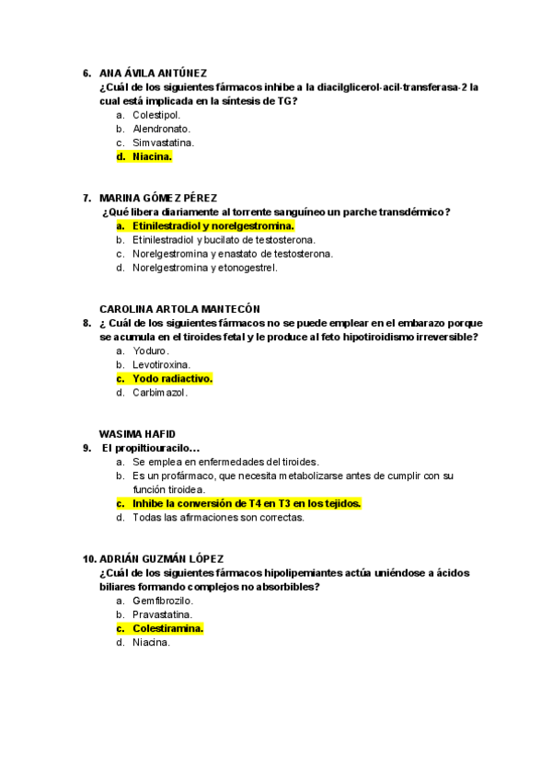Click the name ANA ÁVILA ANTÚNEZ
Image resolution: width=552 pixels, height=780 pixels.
tap(153, 74)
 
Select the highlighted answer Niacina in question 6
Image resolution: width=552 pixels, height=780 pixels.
tap(152, 156)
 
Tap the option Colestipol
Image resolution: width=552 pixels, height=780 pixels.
tap(156, 115)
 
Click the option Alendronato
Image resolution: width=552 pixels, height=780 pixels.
tap(161, 129)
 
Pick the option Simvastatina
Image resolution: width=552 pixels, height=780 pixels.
tap(163, 143)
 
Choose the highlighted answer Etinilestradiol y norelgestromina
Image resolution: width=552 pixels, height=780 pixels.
tap(213, 225)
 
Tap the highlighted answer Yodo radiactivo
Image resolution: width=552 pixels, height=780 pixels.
tap(172, 378)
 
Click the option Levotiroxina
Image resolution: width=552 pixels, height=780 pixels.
tap(161, 364)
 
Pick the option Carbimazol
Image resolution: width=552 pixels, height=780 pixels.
tap(159, 393)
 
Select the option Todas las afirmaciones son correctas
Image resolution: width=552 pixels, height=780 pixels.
tap(218, 517)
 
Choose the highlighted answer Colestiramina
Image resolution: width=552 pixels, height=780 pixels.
tap(167, 628)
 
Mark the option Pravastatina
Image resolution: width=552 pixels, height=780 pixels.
tap(162, 614)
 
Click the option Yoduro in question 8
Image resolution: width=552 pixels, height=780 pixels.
tap(151, 350)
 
